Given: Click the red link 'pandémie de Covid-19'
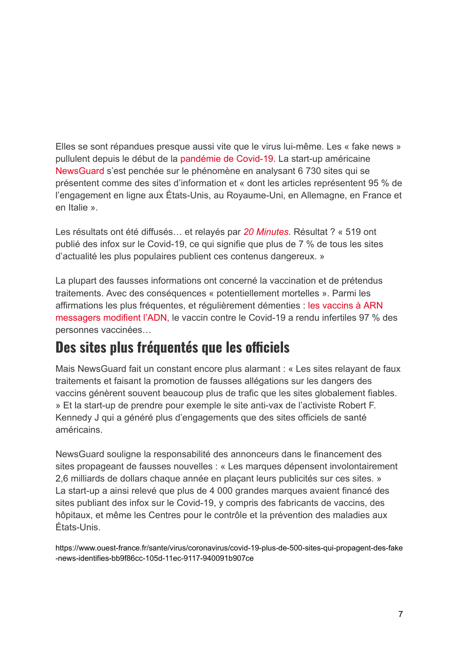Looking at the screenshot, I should [226, 159].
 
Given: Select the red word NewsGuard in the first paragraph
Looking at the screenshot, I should [80, 171].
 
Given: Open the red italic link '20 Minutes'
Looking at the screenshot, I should [266, 232].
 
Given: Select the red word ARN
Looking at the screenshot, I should [373, 306].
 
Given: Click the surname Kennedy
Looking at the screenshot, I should [74, 418].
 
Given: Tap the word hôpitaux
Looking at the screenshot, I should [73, 515].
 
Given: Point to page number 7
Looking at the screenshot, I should [400, 614].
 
